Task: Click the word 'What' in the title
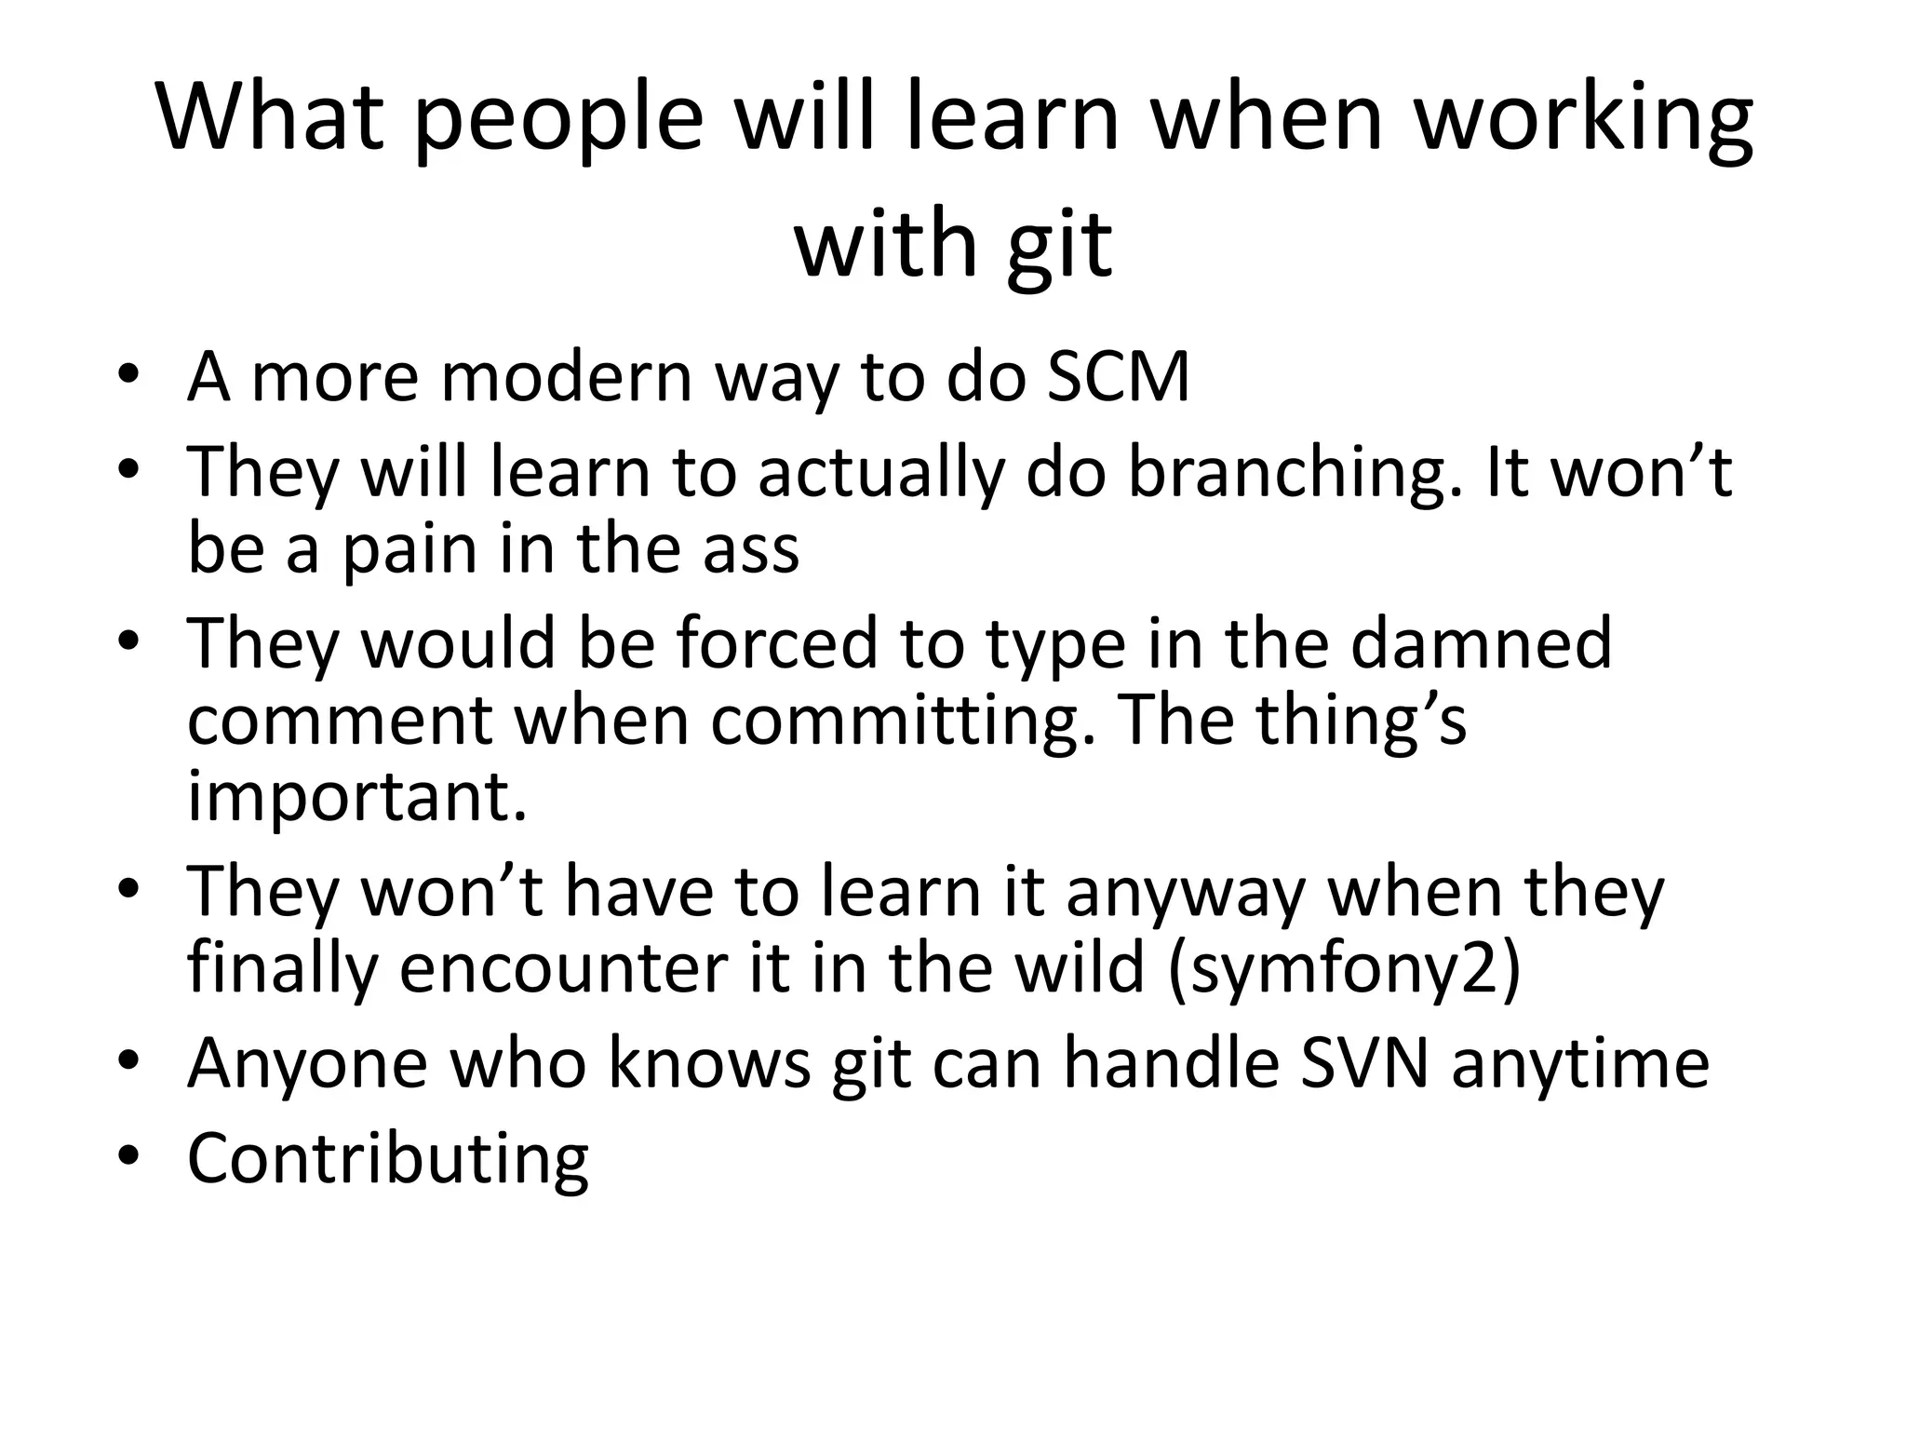(271, 118)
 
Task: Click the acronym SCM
(1118, 377)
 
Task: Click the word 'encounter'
(557, 968)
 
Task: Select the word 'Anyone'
(307, 1064)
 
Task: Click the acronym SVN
(1363, 1062)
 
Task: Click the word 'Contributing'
(388, 1160)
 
